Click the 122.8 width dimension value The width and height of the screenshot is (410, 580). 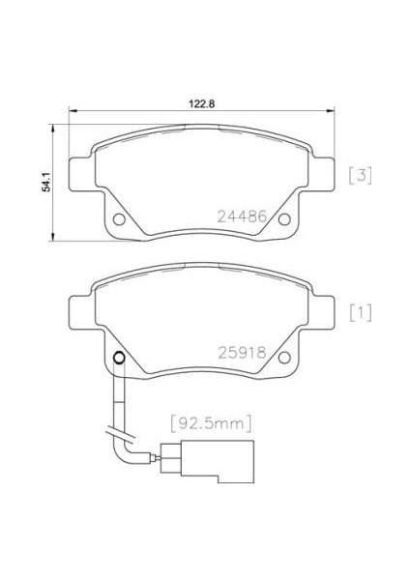[x=202, y=104]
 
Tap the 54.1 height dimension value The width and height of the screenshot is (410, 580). [x=46, y=182]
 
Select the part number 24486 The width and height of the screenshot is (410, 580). [x=242, y=217]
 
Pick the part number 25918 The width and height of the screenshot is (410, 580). [x=242, y=353]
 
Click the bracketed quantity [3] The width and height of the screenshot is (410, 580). [x=361, y=175]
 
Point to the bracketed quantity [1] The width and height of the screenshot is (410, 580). [x=361, y=313]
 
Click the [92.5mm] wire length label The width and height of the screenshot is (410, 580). [x=212, y=423]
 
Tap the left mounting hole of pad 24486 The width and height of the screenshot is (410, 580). [x=119, y=219]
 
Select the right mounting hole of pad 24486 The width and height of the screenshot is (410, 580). [x=284, y=219]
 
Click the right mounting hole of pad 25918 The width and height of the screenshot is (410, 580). [x=284, y=358]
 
